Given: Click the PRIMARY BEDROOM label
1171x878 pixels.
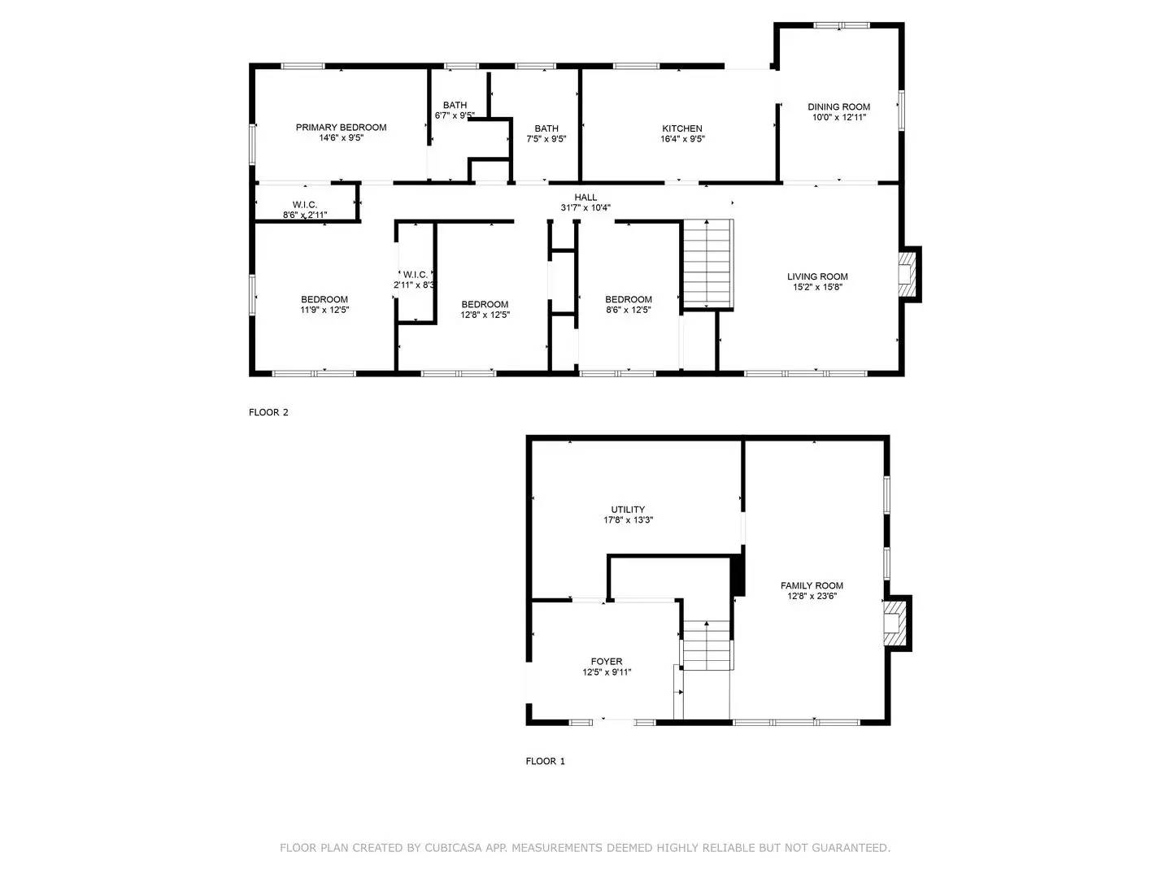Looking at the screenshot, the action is [x=341, y=128].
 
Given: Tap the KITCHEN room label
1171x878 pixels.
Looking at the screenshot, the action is [x=681, y=128].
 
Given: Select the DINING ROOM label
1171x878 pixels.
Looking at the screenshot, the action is [x=838, y=106].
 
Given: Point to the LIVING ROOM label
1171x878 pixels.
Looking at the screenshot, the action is [x=816, y=276].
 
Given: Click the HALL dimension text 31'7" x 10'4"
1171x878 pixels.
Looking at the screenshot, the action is [x=585, y=208].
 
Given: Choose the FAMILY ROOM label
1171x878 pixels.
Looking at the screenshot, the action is [x=812, y=585].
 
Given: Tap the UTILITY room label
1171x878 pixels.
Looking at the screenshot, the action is [x=628, y=509].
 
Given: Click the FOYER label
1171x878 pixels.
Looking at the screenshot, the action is [x=607, y=662].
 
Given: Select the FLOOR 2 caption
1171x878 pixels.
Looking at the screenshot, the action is [x=268, y=412].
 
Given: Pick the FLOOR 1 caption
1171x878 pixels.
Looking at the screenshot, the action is [x=545, y=761].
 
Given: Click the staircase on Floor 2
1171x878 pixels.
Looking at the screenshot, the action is [x=708, y=263].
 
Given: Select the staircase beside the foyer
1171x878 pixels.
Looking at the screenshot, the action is [x=706, y=645].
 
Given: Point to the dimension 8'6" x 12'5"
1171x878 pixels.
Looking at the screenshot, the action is [x=628, y=310].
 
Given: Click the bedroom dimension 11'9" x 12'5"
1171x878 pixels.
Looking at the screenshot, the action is [x=324, y=310].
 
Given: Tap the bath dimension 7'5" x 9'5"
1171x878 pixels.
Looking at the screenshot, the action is [x=546, y=138].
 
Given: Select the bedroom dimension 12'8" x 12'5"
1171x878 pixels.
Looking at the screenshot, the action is [x=485, y=315].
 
